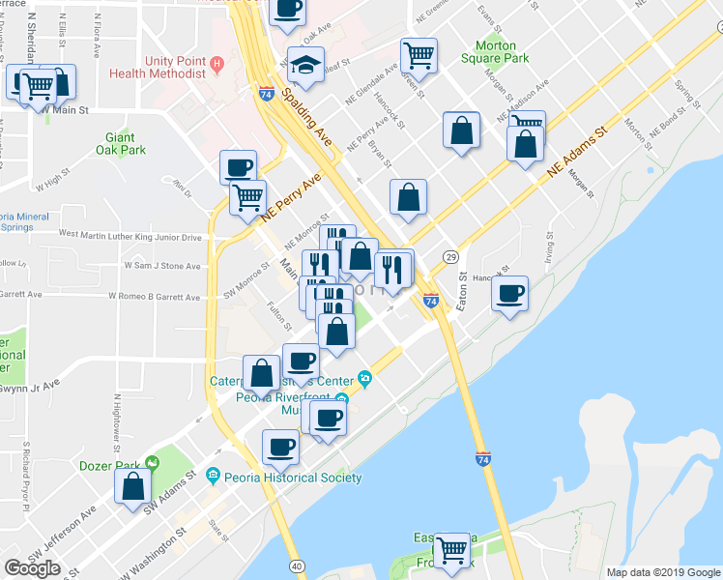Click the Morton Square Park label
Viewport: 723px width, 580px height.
pos(496,52)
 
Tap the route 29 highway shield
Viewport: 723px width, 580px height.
pos(450,256)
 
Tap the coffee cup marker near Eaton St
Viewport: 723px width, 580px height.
pos(509,293)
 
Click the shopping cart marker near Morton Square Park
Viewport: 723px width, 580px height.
pos(419,55)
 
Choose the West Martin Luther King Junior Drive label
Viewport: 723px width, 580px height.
pos(130,236)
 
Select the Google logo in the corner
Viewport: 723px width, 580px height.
pos(32,568)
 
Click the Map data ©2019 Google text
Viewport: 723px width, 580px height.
pos(662,572)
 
